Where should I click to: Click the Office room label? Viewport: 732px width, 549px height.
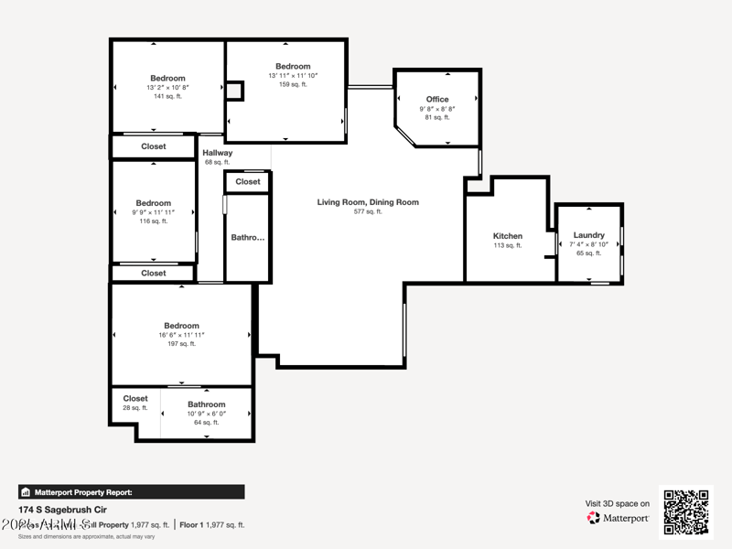[437, 99]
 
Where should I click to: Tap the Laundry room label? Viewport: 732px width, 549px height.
[589, 235]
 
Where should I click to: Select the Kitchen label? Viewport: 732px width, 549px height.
[508, 236]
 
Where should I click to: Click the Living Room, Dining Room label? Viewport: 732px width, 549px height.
[368, 202]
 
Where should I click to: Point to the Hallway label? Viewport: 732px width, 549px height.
[217, 153]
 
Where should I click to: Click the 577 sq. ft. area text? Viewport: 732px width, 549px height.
[368, 211]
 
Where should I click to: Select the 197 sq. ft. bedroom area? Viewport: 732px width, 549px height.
[181, 344]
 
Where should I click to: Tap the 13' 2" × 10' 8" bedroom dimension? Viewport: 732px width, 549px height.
[167, 87]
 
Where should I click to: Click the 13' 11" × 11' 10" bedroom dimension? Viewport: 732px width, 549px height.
[293, 75]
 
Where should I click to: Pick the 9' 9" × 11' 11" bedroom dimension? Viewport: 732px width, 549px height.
[153, 212]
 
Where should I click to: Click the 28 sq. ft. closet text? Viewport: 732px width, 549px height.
[135, 408]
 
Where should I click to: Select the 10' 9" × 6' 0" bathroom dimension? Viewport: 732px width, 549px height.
[206, 414]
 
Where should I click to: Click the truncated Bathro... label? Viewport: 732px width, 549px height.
[247, 237]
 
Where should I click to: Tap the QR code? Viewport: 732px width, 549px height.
[685, 512]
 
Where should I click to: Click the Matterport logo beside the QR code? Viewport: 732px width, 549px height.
[619, 518]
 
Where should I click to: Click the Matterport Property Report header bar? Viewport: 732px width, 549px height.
[131, 492]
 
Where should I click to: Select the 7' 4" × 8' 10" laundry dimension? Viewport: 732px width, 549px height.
[589, 244]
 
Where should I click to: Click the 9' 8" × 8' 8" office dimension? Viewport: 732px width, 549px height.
[437, 108]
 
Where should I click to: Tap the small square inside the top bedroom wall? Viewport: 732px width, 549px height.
[235, 91]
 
